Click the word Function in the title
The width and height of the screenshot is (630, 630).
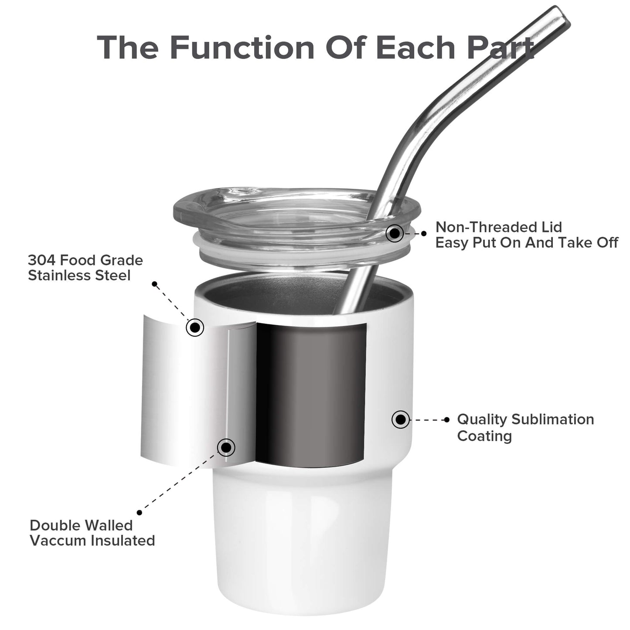[242, 48]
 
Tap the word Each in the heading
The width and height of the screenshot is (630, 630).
[415, 48]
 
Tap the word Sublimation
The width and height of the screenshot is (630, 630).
[552, 419]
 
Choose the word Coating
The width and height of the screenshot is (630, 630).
[484, 436]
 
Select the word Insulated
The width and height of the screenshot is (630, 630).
[123, 541]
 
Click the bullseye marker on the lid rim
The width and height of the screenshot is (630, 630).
[395, 233]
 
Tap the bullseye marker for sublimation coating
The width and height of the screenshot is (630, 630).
[401, 419]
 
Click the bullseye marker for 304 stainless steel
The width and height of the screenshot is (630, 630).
[195, 327]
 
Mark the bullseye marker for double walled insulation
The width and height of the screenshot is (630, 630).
[226, 447]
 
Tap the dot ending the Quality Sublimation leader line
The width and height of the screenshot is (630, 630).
[447, 420]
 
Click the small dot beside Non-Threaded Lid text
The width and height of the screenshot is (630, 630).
[424, 233]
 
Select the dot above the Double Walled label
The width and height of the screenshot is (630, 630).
[139, 513]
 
